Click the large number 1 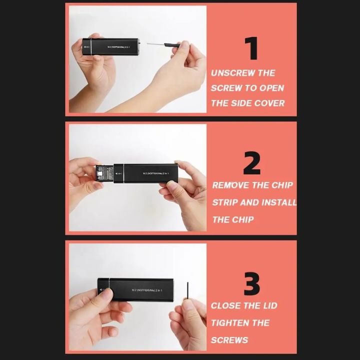click(251, 48)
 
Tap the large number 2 click(252, 162)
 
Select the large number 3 click(251, 283)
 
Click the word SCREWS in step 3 click(229, 340)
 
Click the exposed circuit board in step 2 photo click(105, 173)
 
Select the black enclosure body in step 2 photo click(145, 173)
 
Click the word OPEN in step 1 click(272, 88)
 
